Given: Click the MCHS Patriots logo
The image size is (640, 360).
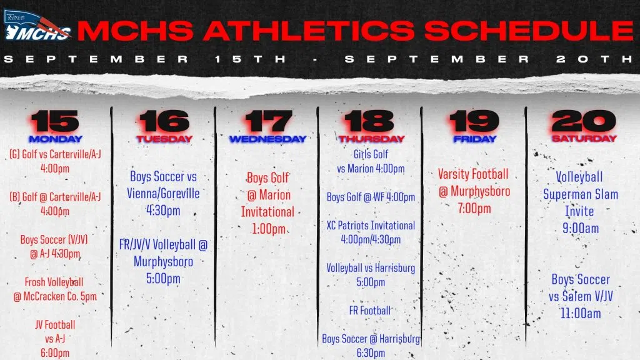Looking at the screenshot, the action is [37, 26].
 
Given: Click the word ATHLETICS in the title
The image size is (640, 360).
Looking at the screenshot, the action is [308, 31].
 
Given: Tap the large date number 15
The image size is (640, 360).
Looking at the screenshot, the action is [55, 121].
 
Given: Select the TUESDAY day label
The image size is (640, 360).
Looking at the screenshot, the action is [164, 139].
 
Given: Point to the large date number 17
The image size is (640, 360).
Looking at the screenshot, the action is [268, 121].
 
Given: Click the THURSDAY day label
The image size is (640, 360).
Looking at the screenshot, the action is [371, 139].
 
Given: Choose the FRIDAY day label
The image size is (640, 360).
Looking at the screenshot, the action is [475, 139].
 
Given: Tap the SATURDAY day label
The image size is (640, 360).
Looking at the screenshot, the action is [584, 139].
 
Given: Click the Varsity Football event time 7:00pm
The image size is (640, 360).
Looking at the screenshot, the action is [474, 209].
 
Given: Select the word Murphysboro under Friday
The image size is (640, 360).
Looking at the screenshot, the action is [481, 191].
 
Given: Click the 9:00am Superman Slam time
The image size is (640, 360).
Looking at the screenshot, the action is [581, 228].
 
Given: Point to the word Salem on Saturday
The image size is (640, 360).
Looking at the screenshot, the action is [576, 296].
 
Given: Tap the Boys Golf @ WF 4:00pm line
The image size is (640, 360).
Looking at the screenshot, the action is [371, 197].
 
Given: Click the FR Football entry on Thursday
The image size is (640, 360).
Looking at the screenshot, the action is [370, 311].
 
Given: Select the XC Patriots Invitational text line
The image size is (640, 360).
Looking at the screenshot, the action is [371, 226].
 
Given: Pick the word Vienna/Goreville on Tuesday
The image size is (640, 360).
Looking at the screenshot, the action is [163, 194].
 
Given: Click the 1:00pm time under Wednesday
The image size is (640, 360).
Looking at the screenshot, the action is [269, 229].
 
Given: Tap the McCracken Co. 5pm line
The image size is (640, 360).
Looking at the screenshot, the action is [55, 297].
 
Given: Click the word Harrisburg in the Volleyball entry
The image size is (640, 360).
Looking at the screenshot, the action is [395, 268].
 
